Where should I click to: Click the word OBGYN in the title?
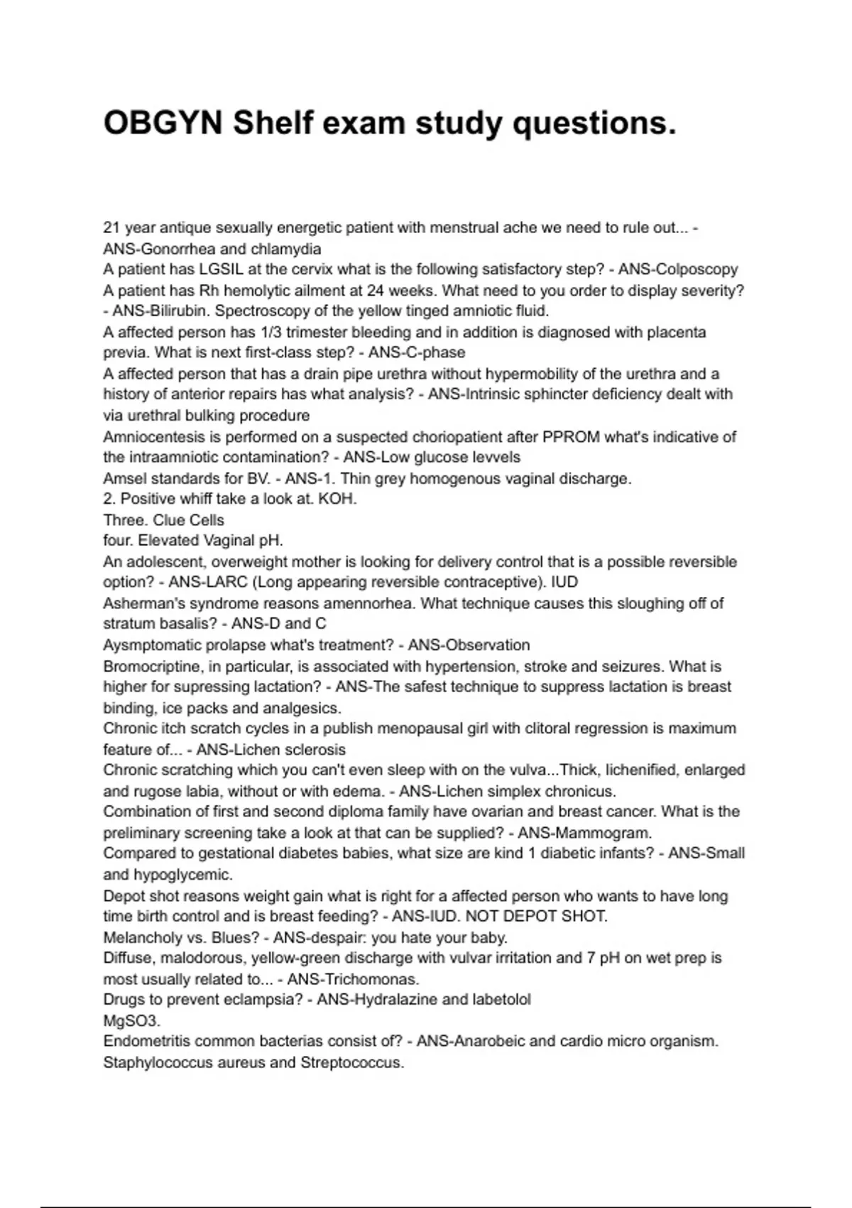163,123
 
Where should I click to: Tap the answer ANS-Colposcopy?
678,269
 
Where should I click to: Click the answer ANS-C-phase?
417,352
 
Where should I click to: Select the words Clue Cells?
188,519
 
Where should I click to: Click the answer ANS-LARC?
207,582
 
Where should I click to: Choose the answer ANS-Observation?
469,645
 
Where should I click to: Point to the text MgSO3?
131,1020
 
